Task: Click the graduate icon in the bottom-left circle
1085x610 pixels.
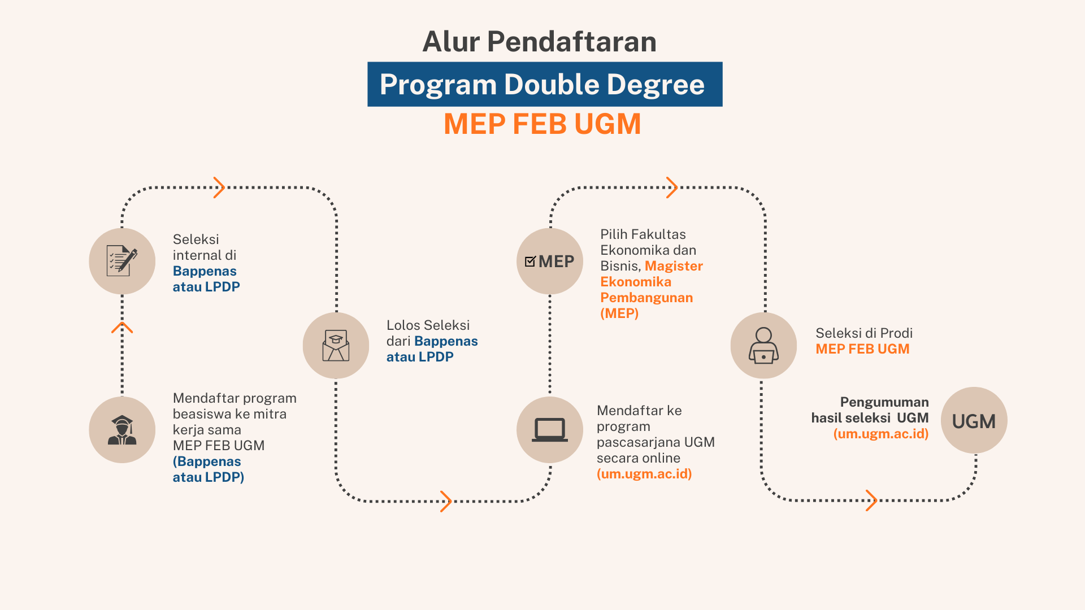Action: [x=122, y=430]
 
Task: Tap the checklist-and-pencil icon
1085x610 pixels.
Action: [x=122, y=261]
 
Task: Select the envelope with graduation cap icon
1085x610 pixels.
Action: [x=336, y=346]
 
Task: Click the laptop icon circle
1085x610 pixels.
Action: [x=550, y=430]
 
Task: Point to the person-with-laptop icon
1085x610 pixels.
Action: [x=763, y=346]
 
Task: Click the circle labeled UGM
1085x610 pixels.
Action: [x=974, y=420]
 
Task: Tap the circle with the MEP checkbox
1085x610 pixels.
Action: [x=550, y=261]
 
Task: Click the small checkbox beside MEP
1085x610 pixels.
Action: [x=530, y=261]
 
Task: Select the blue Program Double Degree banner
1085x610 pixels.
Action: [x=545, y=84]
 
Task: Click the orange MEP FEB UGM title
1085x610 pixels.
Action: [x=542, y=124]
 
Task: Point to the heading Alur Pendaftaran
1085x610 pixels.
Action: [x=540, y=41]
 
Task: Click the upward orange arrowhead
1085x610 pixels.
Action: [x=122, y=328]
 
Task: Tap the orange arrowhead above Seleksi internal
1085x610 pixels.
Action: [x=219, y=188]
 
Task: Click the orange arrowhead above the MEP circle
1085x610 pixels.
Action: [x=672, y=188]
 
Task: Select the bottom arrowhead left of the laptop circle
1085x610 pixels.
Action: [x=446, y=502]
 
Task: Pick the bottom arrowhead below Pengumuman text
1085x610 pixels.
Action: [x=871, y=500]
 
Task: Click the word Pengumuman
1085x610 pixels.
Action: [x=884, y=402]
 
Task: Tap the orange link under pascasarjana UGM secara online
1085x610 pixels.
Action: [x=644, y=474]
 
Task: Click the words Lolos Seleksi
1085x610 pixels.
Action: [x=428, y=325]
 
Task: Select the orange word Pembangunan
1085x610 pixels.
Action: [x=646, y=298]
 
